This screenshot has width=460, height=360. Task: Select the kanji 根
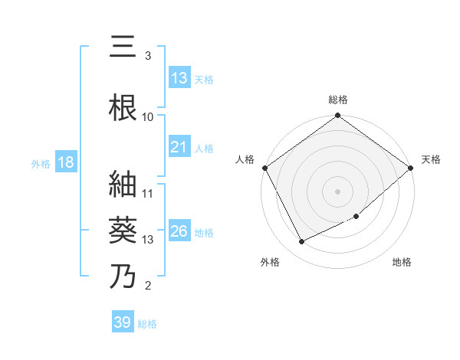coord(123,105)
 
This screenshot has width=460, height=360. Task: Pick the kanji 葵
coord(123,228)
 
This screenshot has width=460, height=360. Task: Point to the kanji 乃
coord(123,275)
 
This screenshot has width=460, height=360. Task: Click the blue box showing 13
coord(179,78)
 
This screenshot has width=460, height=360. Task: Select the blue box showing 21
coord(179,147)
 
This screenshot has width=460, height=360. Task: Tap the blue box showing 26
coord(179,231)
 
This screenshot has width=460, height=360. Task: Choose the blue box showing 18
coord(65,162)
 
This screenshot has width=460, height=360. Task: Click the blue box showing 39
coord(123,322)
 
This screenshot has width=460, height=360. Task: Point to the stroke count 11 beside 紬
coord(149,193)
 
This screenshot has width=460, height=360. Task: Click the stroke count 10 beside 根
coord(149,116)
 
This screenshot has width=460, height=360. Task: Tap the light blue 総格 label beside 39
coord(147,324)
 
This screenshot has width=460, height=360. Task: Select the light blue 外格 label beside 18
coord(40,163)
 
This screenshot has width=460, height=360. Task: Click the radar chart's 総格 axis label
coord(338,100)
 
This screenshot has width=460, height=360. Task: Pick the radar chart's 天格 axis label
coord(432,159)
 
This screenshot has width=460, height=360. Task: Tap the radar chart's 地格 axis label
coord(402,262)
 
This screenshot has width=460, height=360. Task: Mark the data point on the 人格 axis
coord(264,168)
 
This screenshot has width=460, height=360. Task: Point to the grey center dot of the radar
coord(338,191)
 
